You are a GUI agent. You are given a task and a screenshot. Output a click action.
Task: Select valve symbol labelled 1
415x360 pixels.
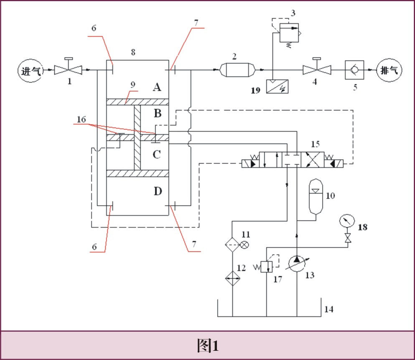(x=69, y=69)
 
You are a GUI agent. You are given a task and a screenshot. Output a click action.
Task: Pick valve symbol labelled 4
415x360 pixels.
(x=317, y=69)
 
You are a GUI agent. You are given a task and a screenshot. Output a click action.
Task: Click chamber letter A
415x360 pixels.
(x=157, y=87)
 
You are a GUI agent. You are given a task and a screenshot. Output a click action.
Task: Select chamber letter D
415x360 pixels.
(x=157, y=191)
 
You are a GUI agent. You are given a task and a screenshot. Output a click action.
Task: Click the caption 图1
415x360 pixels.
(x=207, y=346)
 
